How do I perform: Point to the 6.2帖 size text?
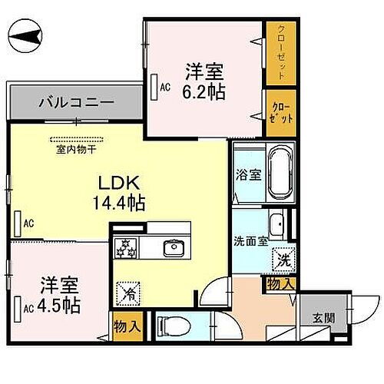pos(204,91)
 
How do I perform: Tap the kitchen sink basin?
pos(174,247)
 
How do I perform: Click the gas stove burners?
pos(125,248)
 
